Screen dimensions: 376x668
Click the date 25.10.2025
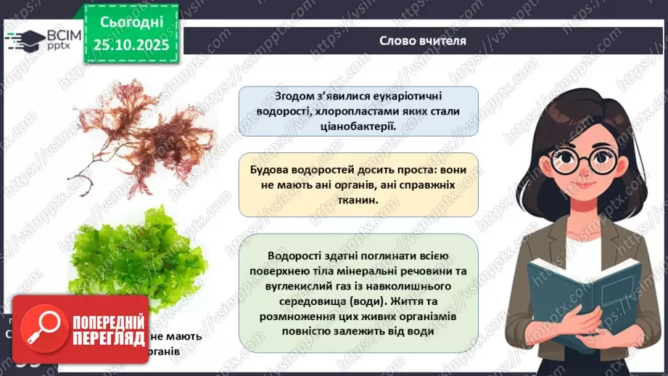click(x=131, y=45)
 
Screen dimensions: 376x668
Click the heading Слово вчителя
click(x=423, y=41)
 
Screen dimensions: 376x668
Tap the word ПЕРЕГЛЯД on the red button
click(x=109, y=339)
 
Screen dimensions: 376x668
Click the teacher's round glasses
click(x=577, y=158)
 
